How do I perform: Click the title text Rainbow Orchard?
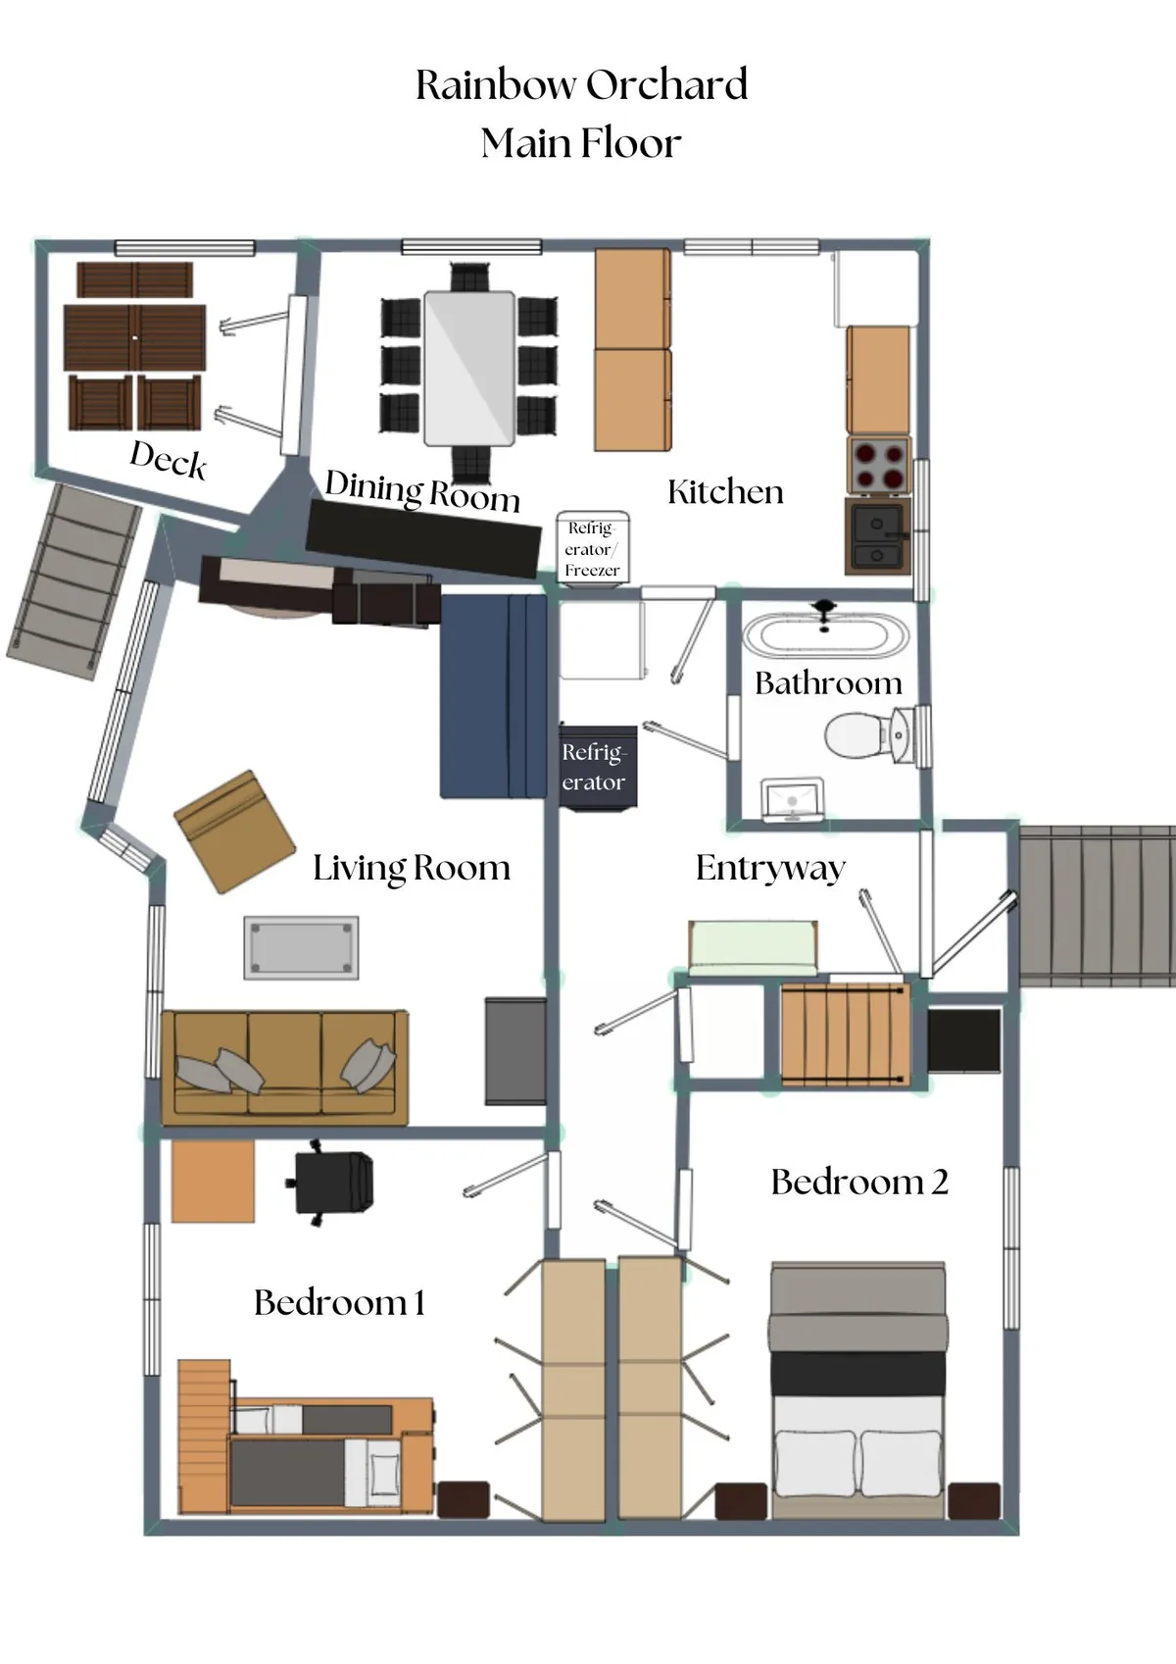[581, 85]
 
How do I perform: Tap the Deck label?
[169, 460]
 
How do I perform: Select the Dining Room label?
[421, 491]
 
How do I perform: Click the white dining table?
[468, 368]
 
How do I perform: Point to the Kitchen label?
[725, 492]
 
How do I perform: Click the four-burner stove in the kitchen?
[878, 466]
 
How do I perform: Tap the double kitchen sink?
[877, 535]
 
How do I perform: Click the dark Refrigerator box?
[598, 767]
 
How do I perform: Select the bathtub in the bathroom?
[825, 634]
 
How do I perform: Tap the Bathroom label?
[828, 683]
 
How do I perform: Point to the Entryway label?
[770, 869]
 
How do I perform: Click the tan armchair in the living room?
[235, 831]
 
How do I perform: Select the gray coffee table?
[301, 947]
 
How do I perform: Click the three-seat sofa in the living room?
[284, 1067]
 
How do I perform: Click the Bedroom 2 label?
[859, 1183]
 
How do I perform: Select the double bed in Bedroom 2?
[857, 1392]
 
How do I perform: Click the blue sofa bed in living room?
[493, 696]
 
